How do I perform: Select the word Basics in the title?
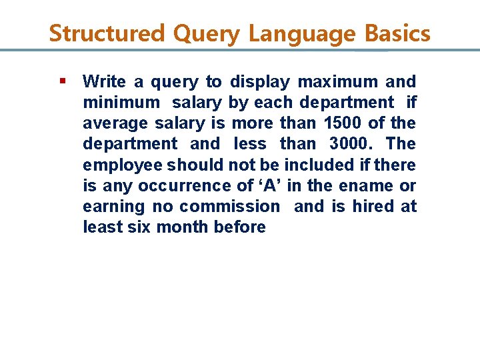click(x=397, y=33)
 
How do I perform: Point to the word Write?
click(x=104, y=82)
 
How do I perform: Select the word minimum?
click(x=121, y=103)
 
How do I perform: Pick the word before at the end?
click(x=239, y=227)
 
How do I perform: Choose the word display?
click(x=260, y=82)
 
